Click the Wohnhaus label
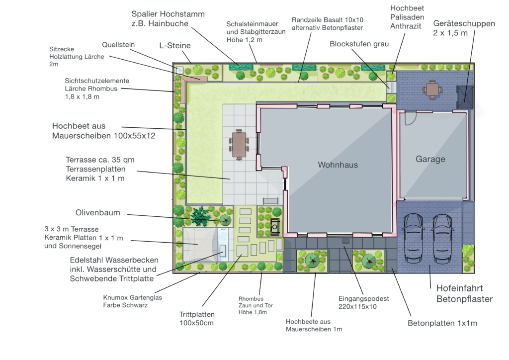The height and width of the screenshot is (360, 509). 338,165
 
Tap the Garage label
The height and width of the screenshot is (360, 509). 430,159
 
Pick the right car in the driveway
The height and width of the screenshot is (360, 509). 442,239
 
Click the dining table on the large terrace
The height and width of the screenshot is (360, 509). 239,145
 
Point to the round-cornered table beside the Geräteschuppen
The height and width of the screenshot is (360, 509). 431,90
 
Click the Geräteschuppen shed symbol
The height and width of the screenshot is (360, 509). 465,97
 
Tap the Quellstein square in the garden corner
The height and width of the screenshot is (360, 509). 179,70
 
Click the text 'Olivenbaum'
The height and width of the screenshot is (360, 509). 98,213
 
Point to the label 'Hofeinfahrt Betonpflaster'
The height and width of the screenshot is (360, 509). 465,293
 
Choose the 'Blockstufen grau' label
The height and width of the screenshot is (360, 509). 359,44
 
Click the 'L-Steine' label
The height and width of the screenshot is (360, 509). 174,45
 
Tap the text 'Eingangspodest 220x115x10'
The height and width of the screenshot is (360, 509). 363,302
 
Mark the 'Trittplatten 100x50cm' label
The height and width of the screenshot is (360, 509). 197,318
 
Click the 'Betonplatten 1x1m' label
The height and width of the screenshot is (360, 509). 442,323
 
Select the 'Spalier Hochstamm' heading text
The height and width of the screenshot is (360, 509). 168,14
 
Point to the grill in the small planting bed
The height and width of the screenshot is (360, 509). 275,226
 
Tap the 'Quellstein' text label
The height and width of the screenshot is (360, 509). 118,45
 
